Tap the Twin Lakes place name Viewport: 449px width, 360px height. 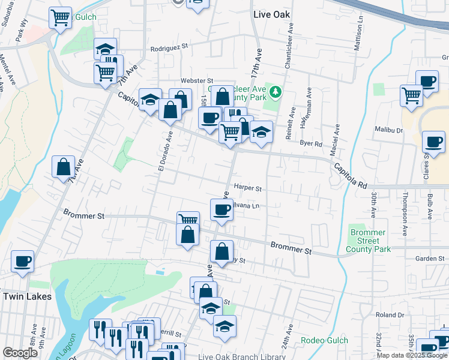click(x=28, y=296)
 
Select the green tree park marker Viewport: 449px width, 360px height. click(x=276, y=92)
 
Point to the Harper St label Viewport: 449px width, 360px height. click(x=248, y=188)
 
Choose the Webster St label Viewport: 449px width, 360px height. click(x=197, y=80)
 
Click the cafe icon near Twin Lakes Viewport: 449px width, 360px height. click(x=22, y=261)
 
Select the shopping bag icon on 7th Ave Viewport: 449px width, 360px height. click(x=63, y=167)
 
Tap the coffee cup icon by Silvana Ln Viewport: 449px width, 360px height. click(x=221, y=210)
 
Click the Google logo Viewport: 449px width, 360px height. click(x=20, y=353)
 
